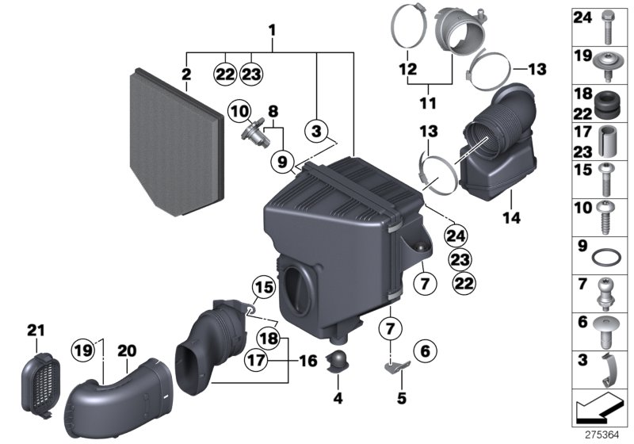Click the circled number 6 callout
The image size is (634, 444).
pos(424,349)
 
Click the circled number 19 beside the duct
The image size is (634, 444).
pos(83,350)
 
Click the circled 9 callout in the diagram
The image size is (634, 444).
pos(281,162)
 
